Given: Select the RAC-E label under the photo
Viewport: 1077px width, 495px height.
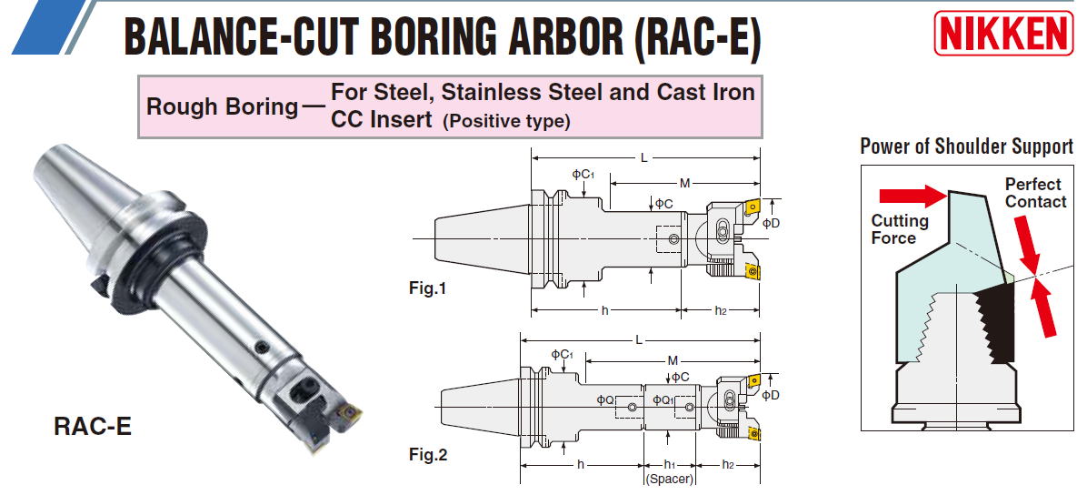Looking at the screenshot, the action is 93,428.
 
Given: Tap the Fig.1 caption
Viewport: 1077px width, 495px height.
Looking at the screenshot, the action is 427,289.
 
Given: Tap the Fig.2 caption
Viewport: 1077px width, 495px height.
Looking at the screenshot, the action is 428,454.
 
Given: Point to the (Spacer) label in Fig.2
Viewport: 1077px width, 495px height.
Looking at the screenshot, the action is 670,480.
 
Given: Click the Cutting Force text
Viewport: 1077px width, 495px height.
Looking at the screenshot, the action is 900,229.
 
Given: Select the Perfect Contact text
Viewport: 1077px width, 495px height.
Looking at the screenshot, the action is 1035,193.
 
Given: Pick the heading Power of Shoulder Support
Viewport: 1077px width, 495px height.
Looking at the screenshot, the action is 966,146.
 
